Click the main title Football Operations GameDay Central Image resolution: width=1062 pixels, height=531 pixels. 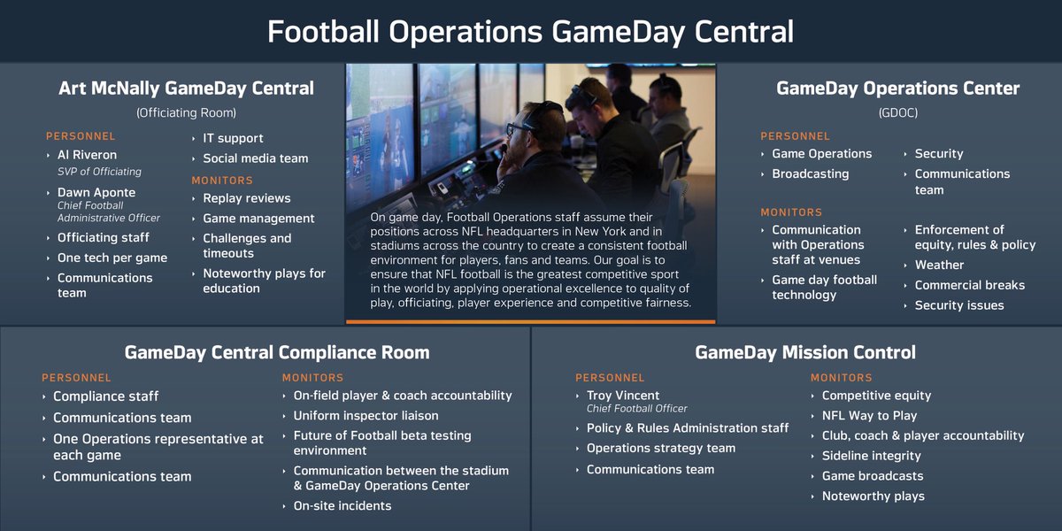click(530, 32)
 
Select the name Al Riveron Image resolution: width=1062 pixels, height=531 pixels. click(87, 155)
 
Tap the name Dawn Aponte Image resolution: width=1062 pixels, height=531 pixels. click(96, 193)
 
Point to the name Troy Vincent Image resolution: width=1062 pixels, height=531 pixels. click(622, 396)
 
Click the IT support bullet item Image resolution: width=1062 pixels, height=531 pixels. click(233, 138)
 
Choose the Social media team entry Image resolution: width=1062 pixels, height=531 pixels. click(256, 158)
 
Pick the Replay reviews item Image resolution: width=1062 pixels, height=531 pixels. click(247, 198)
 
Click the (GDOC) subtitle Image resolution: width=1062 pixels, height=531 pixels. click(898, 113)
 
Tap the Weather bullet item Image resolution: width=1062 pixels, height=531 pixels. click(939, 265)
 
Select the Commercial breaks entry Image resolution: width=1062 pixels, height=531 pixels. click(970, 285)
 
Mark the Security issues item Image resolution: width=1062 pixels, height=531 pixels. click(959, 305)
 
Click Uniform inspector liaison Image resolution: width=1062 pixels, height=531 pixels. click(366, 416)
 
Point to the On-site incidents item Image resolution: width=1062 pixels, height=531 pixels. click(342, 506)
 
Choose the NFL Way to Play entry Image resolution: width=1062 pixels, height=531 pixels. click(869, 416)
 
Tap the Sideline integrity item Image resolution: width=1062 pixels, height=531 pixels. click(872, 456)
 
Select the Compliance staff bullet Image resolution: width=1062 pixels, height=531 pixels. click(105, 396)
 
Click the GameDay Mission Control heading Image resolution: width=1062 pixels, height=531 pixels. click(805, 352)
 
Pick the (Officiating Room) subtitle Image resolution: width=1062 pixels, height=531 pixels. click(186, 113)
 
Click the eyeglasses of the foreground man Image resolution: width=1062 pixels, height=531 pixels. click(519, 129)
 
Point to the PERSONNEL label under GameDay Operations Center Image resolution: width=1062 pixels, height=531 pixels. click(795, 136)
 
